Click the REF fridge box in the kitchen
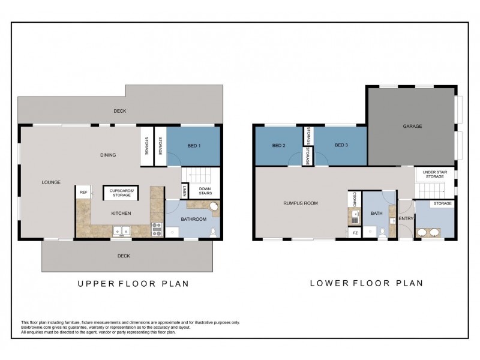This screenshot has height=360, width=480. tap(83, 193)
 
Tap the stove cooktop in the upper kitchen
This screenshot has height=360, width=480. tap(157, 229)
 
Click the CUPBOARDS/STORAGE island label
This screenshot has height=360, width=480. tap(122, 193)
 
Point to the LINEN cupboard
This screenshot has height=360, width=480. tap(183, 191)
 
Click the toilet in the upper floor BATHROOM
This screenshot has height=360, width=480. tap(213, 230)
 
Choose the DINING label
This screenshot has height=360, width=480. tap(108, 155)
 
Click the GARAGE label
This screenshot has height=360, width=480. tap(412, 127)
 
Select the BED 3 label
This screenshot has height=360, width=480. tap(341, 145)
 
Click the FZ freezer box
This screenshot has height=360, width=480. tap(355, 233)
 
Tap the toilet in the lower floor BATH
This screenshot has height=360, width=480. tap(382, 231)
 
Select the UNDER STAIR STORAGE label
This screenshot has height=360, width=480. tap(434, 174)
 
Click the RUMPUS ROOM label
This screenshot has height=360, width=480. tap(300, 203)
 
